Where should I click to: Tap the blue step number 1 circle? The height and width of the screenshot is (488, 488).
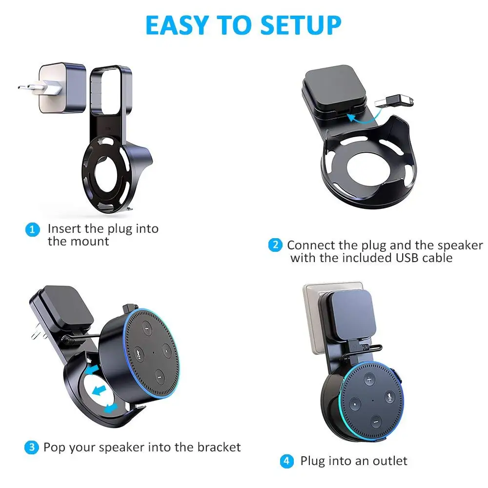[32, 229]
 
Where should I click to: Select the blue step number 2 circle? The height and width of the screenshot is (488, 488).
[275, 245]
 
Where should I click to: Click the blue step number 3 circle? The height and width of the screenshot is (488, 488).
[32, 447]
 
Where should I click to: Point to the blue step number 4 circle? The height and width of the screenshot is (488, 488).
[286, 461]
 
